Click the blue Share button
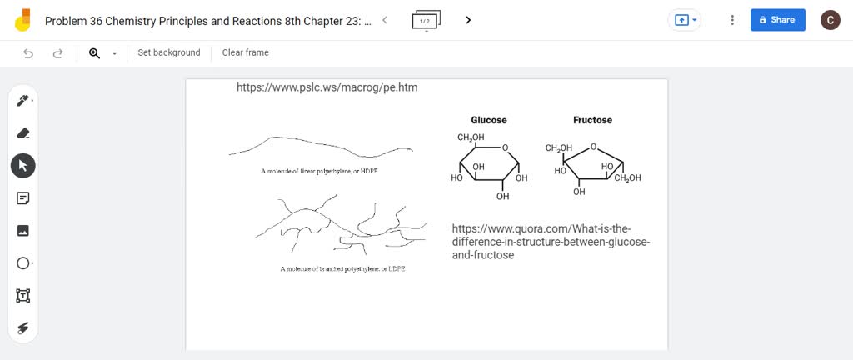(x=777, y=20)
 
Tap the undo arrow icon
(x=28, y=53)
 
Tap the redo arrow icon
(x=57, y=53)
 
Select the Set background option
(x=169, y=52)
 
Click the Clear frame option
(x=245, y=52)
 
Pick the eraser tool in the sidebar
(x=22, y=133)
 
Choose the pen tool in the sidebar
(x=22, y=101)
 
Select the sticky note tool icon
(x=22, y=198)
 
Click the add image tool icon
(x=22, y=231)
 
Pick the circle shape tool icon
(x=22, y=263)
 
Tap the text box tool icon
(x=22, y=295)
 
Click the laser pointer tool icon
(x=22, y=327)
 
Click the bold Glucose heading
(x=489, y=120)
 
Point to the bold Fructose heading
(x=592, y=120)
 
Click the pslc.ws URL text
(x=327, y=87)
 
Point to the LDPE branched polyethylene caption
(x=342, y=269)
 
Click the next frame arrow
(x=469, y=20)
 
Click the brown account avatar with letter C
(x=831, y=20)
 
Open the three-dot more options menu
(x=732, y=20)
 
